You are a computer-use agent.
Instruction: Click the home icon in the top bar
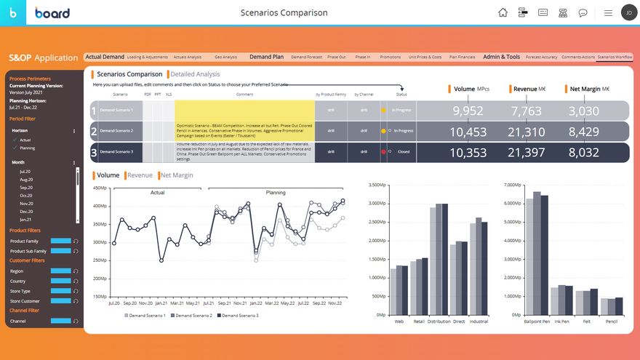pyautogui.click(x=503, y=12)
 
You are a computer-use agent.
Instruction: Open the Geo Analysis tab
pyautogui.click(x=225, y=57)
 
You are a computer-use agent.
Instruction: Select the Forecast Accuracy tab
pyautogui.click(x=541, y=57)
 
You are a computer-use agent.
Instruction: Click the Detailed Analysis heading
pyautogui.click(x=195, y=73)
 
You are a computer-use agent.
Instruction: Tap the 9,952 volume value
pyautogui.click(x=468, y=111)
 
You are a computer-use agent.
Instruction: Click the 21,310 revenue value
pyautogui.click(x=527, y=132)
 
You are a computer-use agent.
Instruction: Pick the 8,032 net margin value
pyautogui.click(x=584, y=153)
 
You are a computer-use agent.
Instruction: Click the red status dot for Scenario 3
pyautogui.click(x=383, y=152)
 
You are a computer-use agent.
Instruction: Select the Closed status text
pyautogui.click(x=404, y=152)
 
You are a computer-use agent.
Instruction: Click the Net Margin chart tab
pyautogui.click(x=177, y=175)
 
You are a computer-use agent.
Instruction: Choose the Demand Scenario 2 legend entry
pyautogui.click(x=193, y=316)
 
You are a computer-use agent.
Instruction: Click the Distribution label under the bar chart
pyautogui.click(x=439, y=321)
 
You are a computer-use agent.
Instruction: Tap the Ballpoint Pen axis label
pyautogui.click(x=537, y=321)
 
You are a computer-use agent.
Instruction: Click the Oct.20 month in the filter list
pyautogui.click(x=26, y=196)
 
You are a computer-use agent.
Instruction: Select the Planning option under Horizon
pyautogui.click(x=27, y=148)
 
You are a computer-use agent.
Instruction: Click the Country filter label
pyautogui.click(x=17, y=281)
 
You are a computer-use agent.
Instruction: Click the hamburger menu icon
pyautogui.click(x=607, y=12)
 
